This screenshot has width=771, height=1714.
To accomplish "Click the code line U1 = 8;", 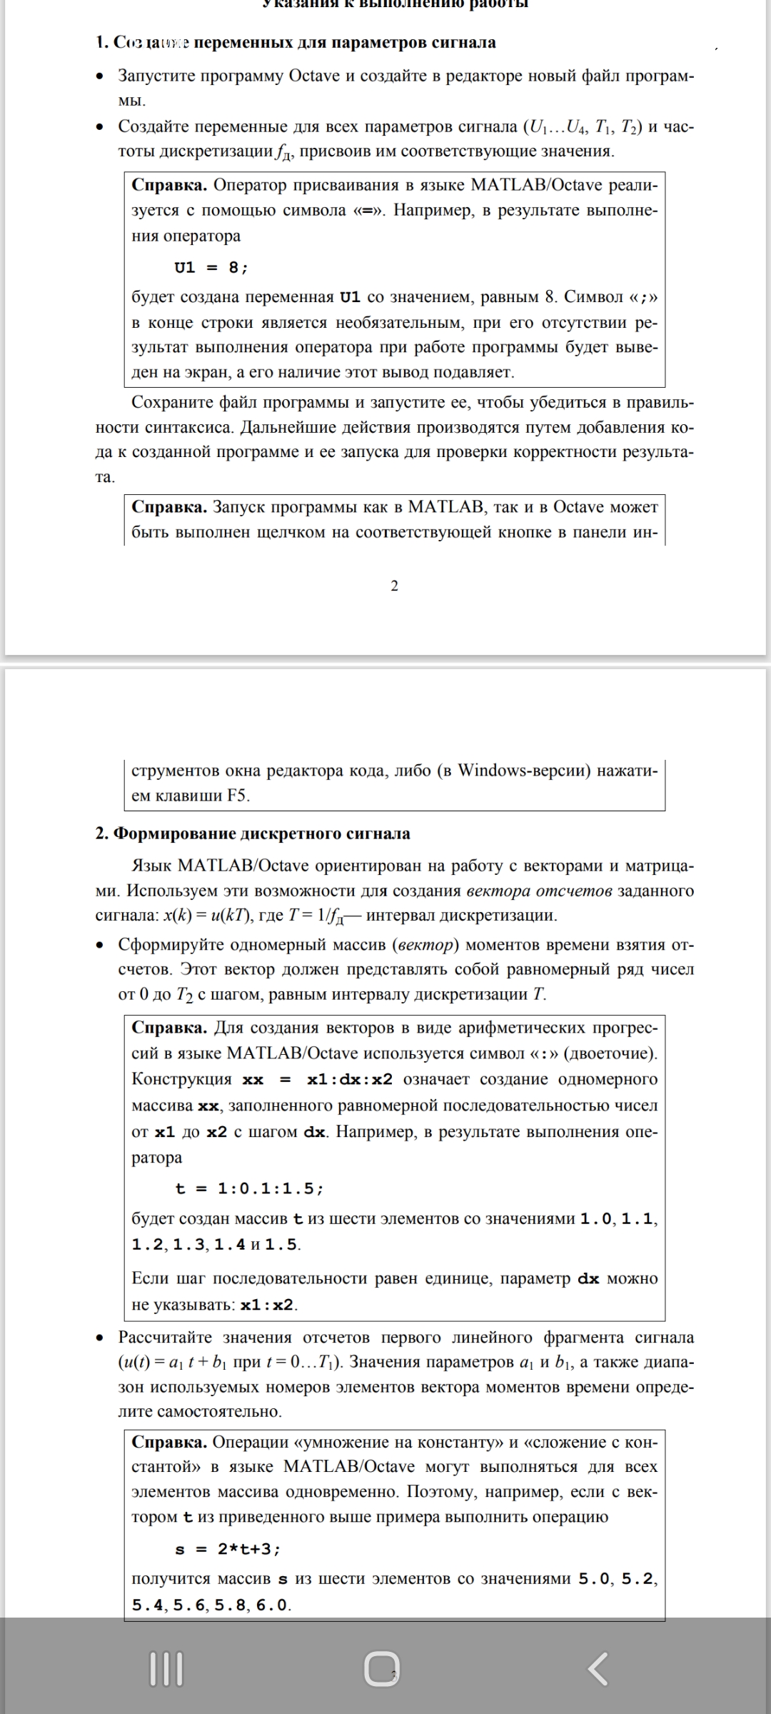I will click(211, 268).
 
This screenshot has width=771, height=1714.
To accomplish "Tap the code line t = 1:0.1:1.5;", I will click(249, 1188).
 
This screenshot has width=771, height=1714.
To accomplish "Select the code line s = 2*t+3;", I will click(228, 1549).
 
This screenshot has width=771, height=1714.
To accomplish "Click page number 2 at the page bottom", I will click(395, 586).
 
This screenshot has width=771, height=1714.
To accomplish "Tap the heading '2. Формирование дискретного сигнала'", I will click(253, 833).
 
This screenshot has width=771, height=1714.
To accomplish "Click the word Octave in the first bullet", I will click(315, 76).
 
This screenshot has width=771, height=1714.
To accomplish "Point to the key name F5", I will click(238, 796).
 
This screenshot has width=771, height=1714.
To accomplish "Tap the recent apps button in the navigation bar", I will click(166, 1669).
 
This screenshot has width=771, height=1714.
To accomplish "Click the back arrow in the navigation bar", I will click(598, 1669).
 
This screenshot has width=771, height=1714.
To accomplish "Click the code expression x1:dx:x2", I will click(350, 1079).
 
